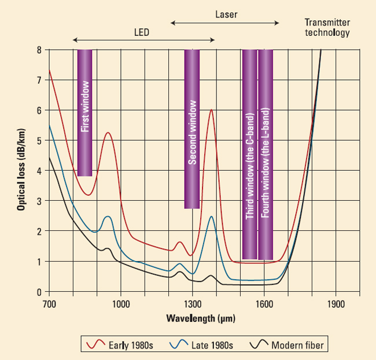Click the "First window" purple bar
[84, 113]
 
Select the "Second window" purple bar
[192, 128]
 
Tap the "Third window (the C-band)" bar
[249, 155]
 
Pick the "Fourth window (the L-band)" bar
[266, 155]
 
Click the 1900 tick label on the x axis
[336, 303]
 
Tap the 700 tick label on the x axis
[49, 303]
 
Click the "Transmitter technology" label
[327, 28]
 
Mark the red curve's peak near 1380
[211, 110]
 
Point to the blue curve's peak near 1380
[211, 216]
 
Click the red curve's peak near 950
[108, 133]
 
